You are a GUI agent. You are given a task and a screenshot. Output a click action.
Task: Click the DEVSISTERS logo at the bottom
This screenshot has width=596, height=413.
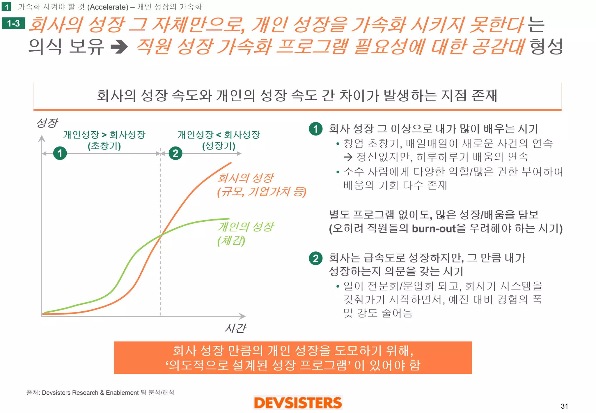298,403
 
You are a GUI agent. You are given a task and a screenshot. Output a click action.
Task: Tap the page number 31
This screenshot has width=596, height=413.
564,406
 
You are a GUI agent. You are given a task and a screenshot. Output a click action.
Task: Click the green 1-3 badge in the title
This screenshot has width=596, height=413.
13,23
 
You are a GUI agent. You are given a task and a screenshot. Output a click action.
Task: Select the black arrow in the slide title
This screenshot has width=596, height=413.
119,47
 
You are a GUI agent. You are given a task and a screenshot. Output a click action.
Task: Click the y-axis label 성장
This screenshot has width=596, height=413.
47,123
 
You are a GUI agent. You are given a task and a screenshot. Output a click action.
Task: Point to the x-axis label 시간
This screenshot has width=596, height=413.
235,328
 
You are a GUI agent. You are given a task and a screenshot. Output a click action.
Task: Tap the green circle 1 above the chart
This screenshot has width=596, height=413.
60,153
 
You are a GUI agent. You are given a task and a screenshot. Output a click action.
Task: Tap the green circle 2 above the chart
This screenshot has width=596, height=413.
175,153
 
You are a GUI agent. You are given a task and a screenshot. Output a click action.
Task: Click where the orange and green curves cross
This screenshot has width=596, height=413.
161,235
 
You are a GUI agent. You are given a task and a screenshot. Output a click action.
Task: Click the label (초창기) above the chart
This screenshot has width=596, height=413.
104,146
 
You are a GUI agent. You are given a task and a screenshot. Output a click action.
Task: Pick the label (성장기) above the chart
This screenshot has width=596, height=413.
219,146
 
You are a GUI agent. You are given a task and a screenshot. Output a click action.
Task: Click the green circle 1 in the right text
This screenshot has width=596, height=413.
316,129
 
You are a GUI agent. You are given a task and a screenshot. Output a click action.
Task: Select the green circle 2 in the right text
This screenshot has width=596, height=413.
316,258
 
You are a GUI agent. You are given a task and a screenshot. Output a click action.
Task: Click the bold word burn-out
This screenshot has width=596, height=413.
434,229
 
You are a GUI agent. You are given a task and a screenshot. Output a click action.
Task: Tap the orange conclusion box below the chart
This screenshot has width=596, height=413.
293,358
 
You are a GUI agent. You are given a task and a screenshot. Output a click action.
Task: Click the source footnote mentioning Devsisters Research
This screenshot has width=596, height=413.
100,393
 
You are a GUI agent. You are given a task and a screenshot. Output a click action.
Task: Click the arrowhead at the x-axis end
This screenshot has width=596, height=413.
242,316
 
